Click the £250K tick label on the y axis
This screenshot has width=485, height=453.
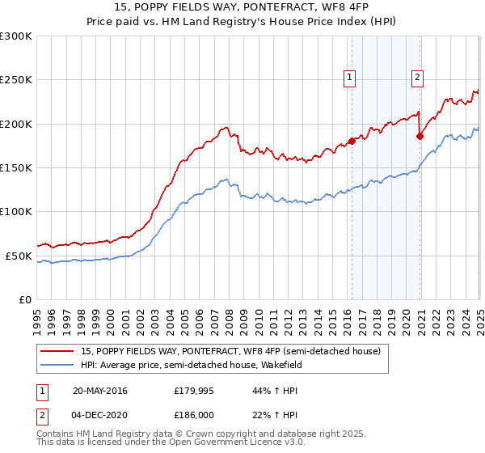(16, 80)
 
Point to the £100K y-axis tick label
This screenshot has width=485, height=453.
(16, 211)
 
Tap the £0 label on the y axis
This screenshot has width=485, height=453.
(26, 299)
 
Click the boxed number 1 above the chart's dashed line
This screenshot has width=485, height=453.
(350, 78)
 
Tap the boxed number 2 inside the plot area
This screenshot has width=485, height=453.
(418, 78)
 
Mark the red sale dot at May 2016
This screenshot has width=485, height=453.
(352, 142)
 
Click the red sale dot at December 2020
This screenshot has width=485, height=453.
(420, 136)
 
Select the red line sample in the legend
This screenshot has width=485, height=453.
(57, 350)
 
